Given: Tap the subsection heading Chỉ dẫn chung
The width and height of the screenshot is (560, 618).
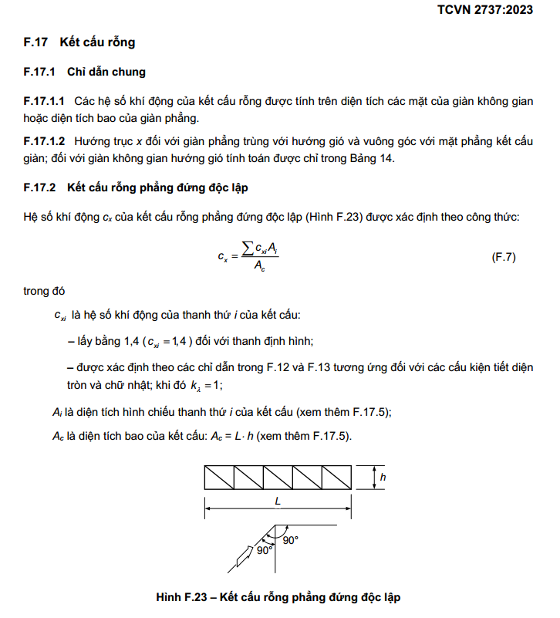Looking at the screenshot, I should click(x=106, y=73).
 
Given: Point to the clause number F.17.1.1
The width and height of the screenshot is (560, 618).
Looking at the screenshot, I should click(x=45, y=102).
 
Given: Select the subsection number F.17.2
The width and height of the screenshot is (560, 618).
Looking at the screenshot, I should click(x=40, y=187).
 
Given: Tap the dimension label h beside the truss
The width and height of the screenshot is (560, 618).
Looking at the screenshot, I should click(x=383, y=478).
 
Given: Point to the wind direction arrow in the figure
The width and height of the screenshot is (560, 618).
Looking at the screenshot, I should click(x=245, y=553).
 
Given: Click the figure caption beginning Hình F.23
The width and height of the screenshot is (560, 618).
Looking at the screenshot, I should click(x=278, y=597).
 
